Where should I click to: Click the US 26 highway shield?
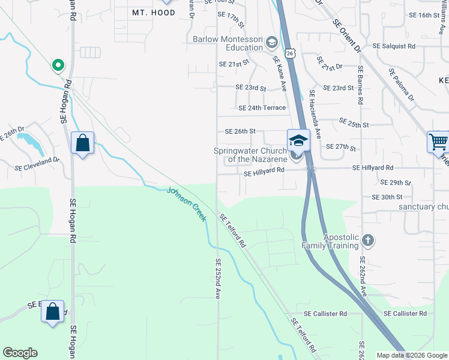290,54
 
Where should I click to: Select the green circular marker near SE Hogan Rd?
58,65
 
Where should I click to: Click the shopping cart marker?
438,143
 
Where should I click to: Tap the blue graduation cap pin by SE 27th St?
298,140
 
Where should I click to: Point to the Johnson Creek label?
187,205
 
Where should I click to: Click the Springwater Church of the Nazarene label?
252,155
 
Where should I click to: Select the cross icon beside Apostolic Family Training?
368,241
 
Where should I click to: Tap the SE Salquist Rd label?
394,46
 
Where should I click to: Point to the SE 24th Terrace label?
262,108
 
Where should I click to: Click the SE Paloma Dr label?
401,84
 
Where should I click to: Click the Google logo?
20,353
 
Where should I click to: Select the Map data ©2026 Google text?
411,355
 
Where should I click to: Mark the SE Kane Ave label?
280,73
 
